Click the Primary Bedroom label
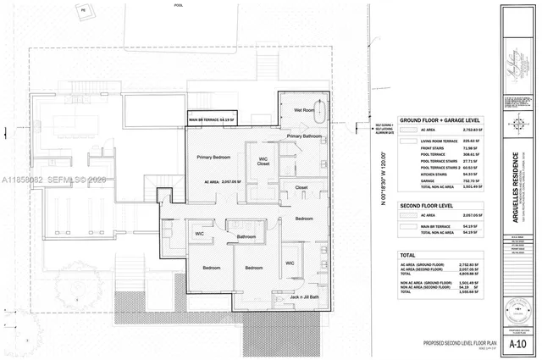(x=216, y=158)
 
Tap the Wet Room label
(x=305, y=110)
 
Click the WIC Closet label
(x=263, y=160)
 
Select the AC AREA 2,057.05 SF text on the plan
(x=218, y=181)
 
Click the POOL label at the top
(x=178, y=4)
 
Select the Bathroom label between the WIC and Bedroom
(x=246, y=236)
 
